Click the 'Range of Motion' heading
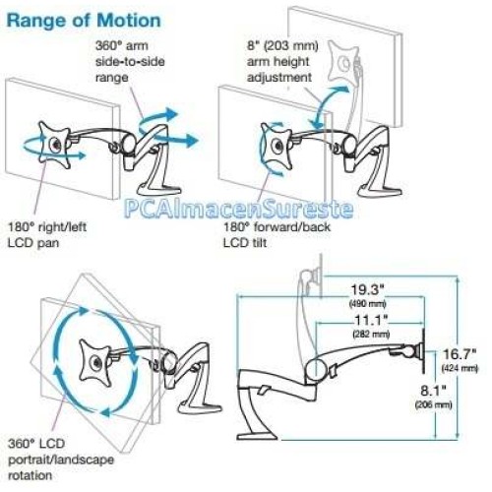[x=84, y=21]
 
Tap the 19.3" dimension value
[x=367, y=290]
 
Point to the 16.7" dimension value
[x=460, y=354]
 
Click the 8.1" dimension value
[x=433, y=391]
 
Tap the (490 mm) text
[x=368, y=304]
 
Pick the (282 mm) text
[x=371, y=335]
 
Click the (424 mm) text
[x=460, y=368]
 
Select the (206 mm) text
[x=433, y=404]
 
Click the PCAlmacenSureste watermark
[x=239, y=209]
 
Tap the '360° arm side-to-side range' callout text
[x=130, y=62]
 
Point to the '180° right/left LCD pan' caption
[x=47, y=235]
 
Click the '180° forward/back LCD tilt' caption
[x=277, y=235]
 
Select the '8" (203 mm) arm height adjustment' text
[x=282, y=62]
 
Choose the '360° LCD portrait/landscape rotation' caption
[x=61, y=460]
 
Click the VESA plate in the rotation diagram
[x=95, y=363]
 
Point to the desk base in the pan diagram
[x=159, y=189]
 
